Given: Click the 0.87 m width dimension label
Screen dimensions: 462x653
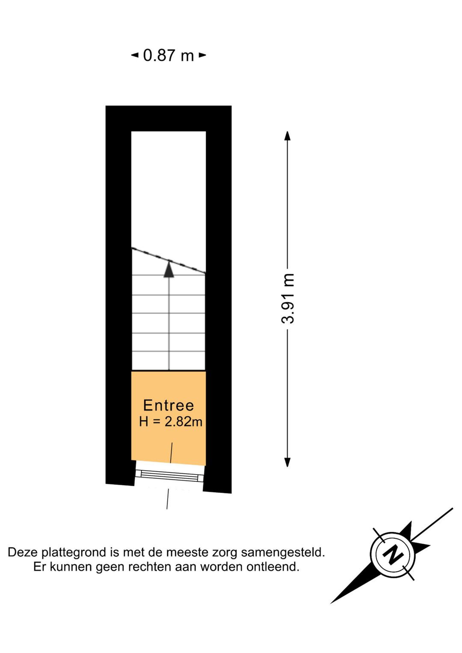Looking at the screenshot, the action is pyautogui.click(x=169, y=55).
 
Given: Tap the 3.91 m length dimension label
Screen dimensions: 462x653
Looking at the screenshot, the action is pyautogui.click(x=288, y=299).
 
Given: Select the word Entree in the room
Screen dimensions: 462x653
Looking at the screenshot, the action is pyautogui.click(x=169, y=405).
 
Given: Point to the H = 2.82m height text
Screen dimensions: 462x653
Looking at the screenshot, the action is pyautogui.click(x=170, y=421).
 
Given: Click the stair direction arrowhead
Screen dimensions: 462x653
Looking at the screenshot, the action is pyautogui.click(x=169, y=269).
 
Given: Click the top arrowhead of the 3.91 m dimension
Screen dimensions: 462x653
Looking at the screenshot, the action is pyautogui.click(x=287, y=136).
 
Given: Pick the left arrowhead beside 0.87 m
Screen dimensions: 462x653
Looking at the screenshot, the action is pyautogui.click(x=135, y=55).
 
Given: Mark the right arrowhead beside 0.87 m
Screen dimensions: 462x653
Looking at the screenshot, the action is pyautogui.click(x=203, y=55).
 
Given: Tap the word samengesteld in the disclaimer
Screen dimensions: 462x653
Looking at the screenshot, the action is pyautogui.click(x=283, y=552).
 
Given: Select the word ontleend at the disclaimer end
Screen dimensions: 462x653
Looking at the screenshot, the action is pyautogui.click(x=273, y=567).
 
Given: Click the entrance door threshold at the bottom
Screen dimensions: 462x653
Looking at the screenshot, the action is pyautogui.click(x=169, y=477).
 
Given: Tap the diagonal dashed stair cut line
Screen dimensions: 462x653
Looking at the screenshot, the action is pyautogui.click(x=169, y=260).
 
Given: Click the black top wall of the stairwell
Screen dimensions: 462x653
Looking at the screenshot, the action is pyautogui.click(x=169, y=119).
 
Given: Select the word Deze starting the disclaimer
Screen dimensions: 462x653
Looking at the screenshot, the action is pyautogui.click(x=23, y=552).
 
